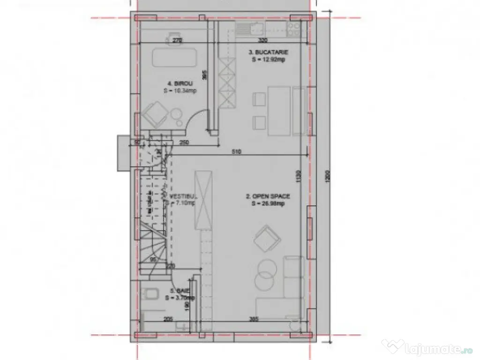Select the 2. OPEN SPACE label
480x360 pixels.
click(268, 196)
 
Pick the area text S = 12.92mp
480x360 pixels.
click(268, 60)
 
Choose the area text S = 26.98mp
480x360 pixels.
click(268, 204)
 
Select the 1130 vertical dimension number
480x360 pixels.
click(299, 177)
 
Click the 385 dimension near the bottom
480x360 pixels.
click(254, 320)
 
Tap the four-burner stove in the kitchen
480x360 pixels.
click(294, 30)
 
